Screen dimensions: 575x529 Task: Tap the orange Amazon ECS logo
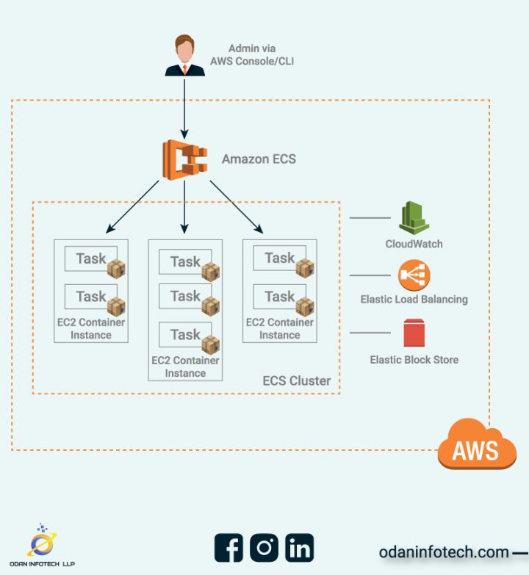(184, 159)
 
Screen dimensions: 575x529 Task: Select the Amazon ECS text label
(259, 159)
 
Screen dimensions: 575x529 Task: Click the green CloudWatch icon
(414, 219)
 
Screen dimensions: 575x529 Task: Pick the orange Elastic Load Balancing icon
(414, 276)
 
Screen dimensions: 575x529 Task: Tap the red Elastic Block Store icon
(414, 333)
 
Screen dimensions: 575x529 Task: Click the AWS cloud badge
(477, 445)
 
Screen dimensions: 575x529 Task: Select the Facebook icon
(229, 548)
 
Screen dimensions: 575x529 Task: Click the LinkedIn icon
(300, 548)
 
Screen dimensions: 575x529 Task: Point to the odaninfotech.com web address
(444, 552)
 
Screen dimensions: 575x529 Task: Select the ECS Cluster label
(297, 381)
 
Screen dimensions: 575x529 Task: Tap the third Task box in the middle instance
(185, 335)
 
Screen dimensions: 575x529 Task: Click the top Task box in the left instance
(91, 258)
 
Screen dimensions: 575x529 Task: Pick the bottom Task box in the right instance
(279, 297)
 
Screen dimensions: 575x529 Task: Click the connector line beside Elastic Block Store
(370, 333)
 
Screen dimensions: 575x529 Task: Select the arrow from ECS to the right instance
(237, 206)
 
